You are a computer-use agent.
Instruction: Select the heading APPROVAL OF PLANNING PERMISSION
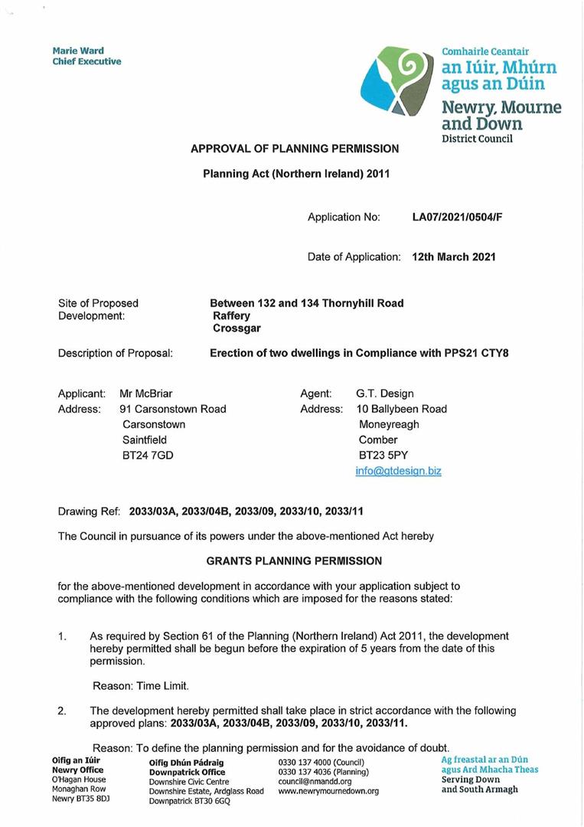tap(295, 149)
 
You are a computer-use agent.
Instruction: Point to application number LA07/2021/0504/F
tap(457, 217)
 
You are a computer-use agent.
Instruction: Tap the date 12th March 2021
tap(453, 257)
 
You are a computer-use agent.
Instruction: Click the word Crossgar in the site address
tap(237, 328)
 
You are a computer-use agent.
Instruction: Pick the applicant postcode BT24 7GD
tap(148, 455)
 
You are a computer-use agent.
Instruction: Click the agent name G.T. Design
tap(384, 394)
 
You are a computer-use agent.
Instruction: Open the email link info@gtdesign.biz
tap(398, 470)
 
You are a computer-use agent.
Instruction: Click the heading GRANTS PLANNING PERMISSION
tap(294, 561)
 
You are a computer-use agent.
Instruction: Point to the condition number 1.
tap(62, 636)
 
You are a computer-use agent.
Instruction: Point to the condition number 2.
tap(62, 711)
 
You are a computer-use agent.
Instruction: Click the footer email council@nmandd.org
tap(315, 782)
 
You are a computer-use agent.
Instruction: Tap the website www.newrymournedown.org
tap(328, 792)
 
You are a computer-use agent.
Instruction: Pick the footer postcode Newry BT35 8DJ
tap(80, 798)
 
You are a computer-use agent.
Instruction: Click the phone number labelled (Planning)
tap(323, 772)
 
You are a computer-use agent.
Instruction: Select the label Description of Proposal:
tap(115, 354)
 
